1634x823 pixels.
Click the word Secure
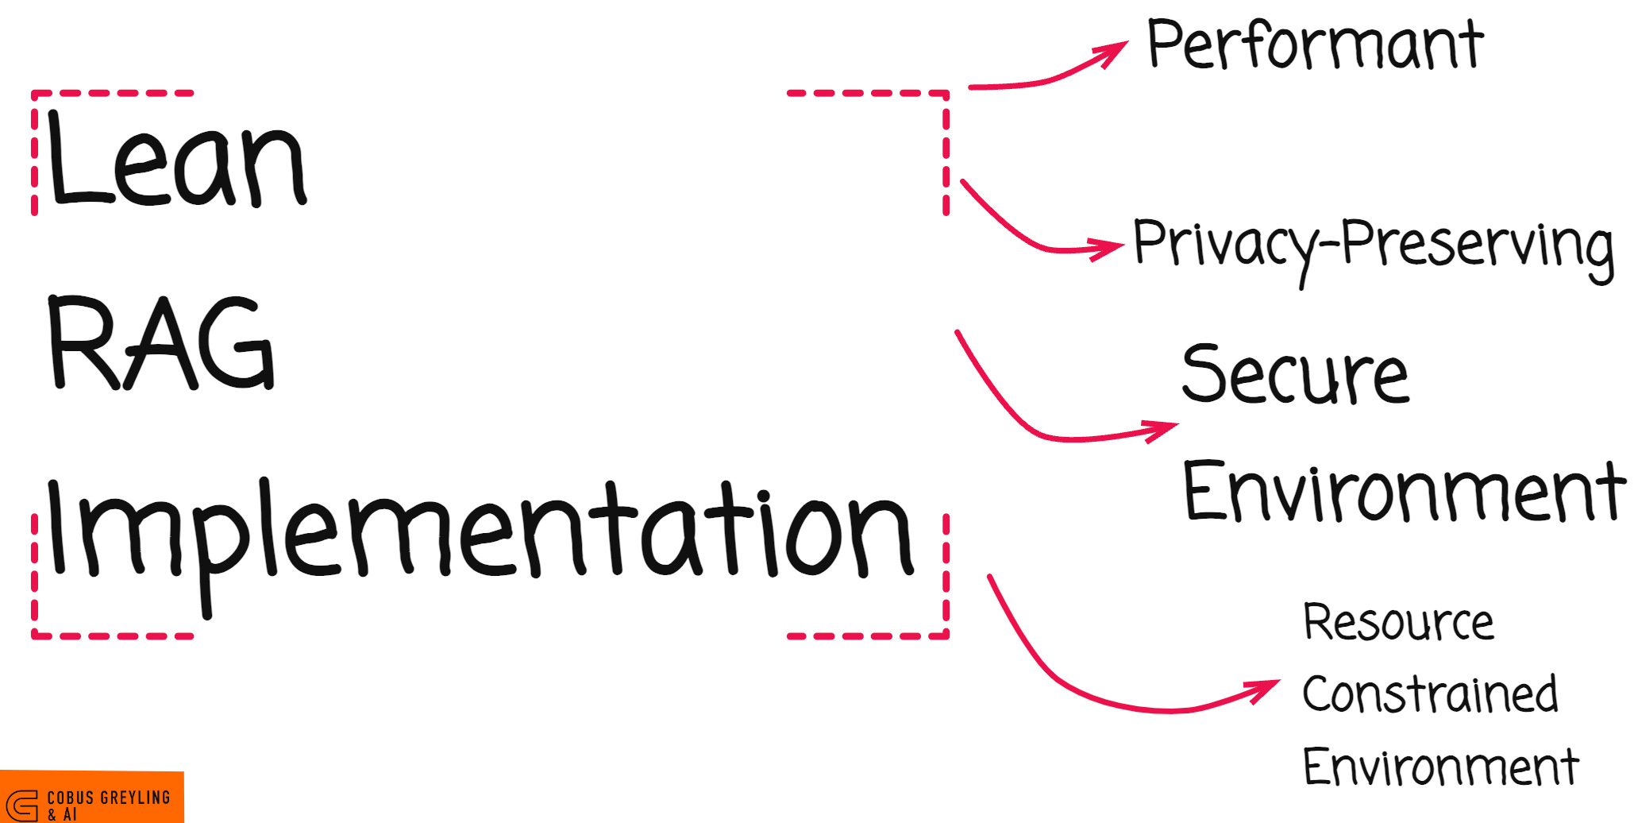tap(1295, 375)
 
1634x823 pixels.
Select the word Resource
tap(1398, 622)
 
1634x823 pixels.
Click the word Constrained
tap(1430, 694)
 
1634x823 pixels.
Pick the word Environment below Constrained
tap(1440, 767)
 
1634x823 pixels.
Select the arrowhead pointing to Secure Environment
tap(1162, 429)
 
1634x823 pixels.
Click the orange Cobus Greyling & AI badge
tap(91, 797)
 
